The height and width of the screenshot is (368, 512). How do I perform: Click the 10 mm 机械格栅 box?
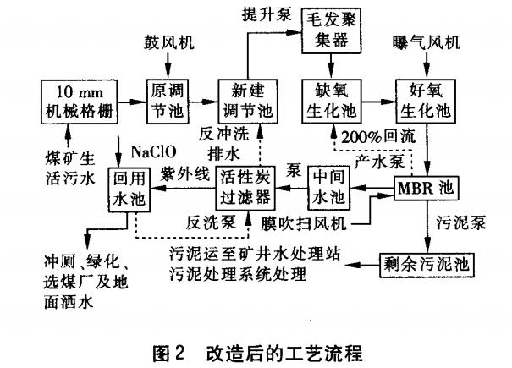(78, 100)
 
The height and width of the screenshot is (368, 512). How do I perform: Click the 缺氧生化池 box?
(326, 100)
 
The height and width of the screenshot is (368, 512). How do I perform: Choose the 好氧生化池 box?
(421, 100)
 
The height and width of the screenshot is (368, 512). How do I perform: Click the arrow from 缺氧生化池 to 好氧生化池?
(372, 99)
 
